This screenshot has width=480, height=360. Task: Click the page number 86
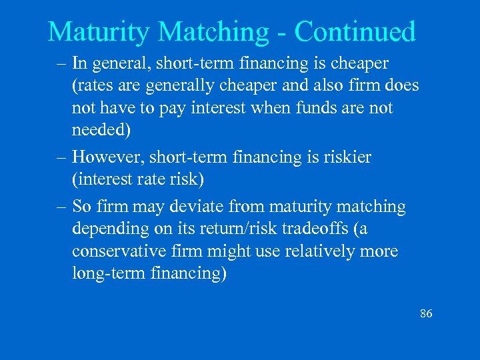(426, 313)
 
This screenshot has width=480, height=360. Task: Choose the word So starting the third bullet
(81, 207)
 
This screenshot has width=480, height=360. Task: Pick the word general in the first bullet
(118, 64)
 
